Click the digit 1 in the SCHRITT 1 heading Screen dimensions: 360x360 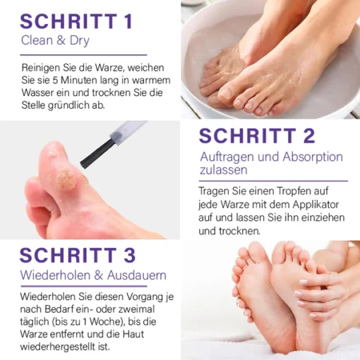pos(128,21)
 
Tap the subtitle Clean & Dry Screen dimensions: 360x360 pos(55,40)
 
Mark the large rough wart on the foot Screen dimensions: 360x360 pos(66,178)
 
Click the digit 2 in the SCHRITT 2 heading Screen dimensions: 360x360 pos(309,136)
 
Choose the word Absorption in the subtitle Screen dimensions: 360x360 pos(313,157)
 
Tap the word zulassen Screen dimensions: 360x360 pos(224,170)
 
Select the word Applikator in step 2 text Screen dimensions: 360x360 pos(316,205)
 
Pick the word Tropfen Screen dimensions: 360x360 pos(292,191)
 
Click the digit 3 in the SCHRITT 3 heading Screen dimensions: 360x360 pos(130,256)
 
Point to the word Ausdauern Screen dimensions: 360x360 pos(137,275)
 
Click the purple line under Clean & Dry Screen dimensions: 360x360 pos(83,55)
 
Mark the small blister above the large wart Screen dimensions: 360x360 pos(52,154)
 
